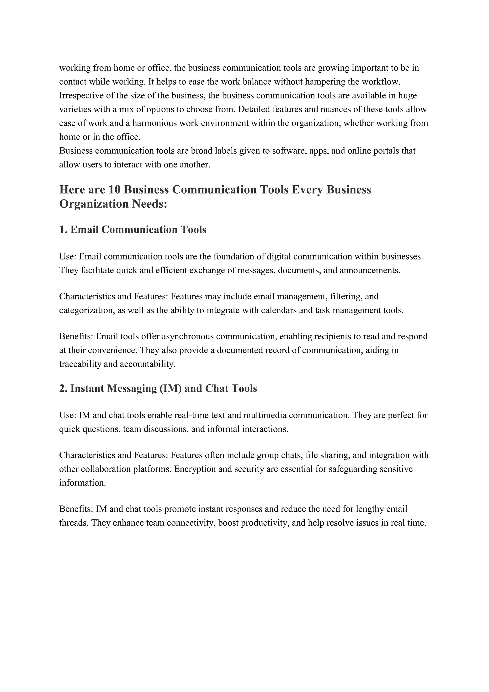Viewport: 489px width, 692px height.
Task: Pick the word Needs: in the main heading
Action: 149,204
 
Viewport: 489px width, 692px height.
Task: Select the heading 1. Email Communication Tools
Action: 133,229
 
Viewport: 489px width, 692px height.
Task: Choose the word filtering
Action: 346,297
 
